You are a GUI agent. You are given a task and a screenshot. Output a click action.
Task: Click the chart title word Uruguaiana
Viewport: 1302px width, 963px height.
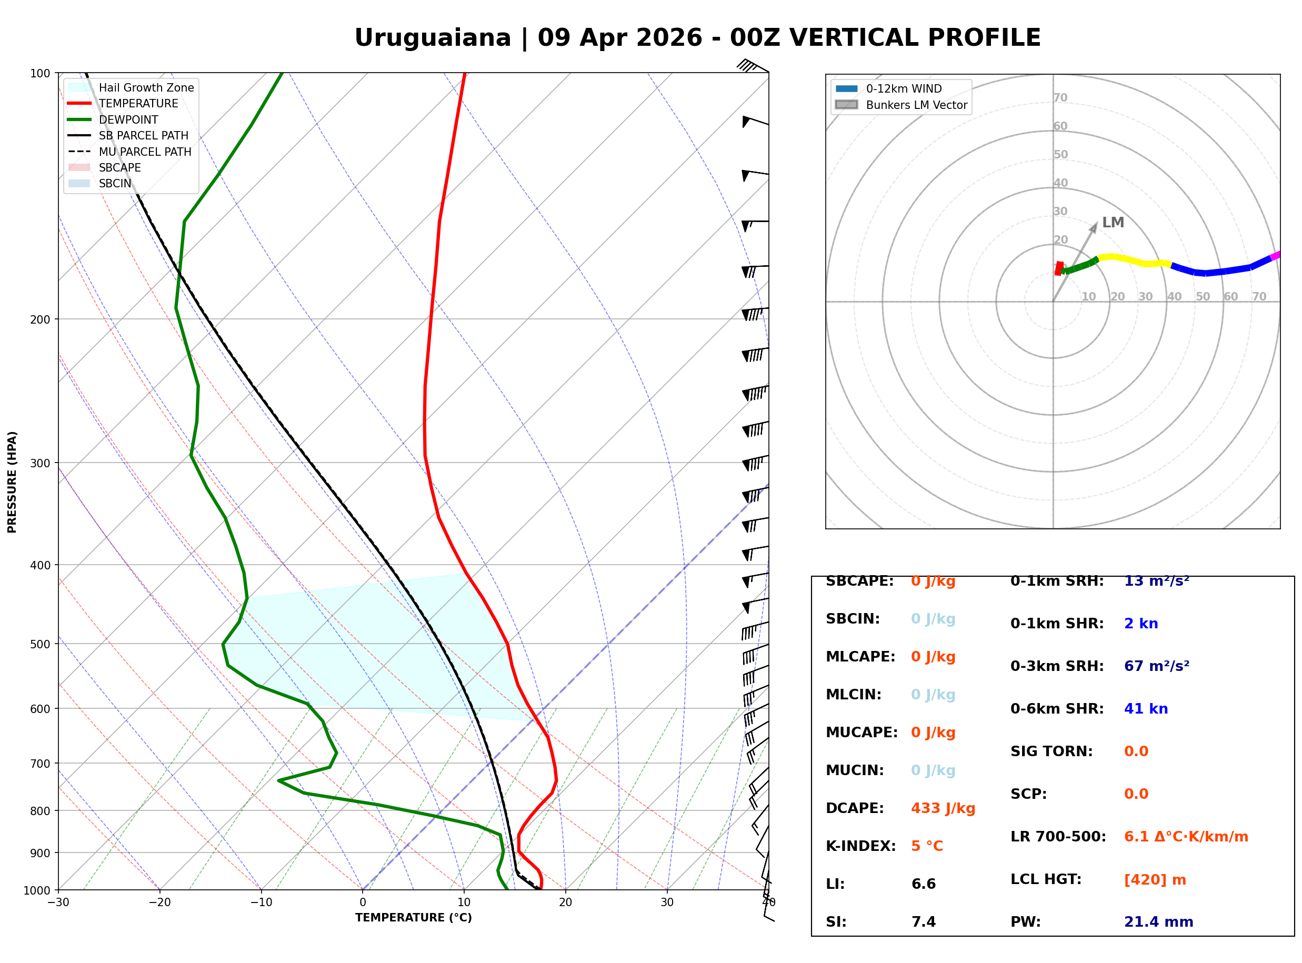(432, 38)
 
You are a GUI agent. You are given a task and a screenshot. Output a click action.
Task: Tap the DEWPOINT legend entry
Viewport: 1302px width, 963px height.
(128, 119)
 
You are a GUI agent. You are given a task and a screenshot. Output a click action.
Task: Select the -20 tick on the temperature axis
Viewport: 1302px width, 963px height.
(159, 902)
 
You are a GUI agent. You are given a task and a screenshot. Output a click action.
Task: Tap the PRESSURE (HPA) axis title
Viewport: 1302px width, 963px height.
(12, 481)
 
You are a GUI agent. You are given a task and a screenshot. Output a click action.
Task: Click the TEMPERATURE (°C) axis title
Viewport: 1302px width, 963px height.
(413, 918)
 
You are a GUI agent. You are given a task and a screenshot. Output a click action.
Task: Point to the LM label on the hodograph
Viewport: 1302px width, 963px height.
(1113, 223)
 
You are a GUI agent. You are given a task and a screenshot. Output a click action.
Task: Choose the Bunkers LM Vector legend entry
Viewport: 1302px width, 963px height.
(916, 105)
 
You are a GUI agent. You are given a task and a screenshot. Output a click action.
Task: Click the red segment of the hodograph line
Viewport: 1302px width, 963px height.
(1059, 268)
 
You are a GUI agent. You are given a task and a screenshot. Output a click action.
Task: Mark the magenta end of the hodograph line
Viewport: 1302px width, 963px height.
(1275, 255)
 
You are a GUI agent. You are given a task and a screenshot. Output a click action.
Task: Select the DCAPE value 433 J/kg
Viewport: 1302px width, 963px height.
(943, 808)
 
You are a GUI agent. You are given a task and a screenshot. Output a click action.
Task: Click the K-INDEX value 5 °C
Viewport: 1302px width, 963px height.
(927, 846)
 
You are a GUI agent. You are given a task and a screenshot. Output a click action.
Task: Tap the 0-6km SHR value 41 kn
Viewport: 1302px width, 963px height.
(1146, 709)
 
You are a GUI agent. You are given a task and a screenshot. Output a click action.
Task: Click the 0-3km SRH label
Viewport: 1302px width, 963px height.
(1057, 666)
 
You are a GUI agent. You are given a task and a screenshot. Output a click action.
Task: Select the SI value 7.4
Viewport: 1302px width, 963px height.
(923, 921)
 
